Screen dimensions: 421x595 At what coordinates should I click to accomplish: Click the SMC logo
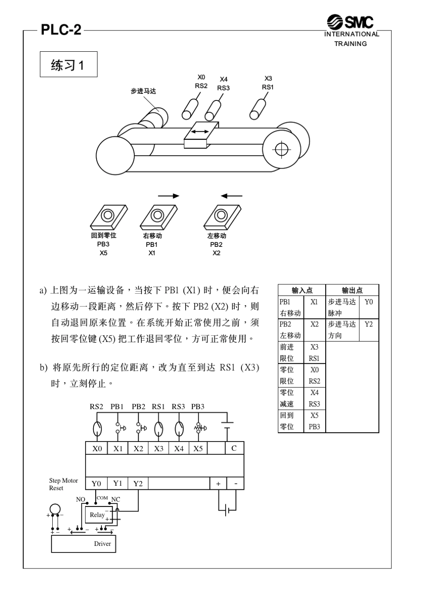point(350,22)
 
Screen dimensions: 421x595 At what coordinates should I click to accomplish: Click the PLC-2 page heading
point(61,30)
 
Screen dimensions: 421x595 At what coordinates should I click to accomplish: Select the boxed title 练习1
point(68,65)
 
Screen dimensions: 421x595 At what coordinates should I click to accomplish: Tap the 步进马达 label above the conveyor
point(143,91)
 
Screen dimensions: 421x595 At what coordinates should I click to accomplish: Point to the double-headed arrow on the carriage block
point(200,131)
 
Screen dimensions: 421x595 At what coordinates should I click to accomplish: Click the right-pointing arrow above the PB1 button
point(169,196)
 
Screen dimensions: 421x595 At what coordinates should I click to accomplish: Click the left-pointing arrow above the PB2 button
point(231,196)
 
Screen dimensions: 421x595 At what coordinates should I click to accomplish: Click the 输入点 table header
point(302,290)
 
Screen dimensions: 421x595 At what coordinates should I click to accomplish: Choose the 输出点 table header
point(352,290)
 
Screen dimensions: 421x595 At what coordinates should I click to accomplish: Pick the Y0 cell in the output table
point(368,302)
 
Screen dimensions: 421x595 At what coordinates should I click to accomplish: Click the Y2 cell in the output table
point(368,324)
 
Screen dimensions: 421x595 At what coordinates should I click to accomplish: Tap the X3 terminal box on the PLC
point(158,448)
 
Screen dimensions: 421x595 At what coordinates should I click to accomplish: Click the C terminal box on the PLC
point(234,448)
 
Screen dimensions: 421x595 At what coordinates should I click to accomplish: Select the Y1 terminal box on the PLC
point(117,484)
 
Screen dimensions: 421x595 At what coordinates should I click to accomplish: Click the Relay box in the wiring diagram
point(98,514)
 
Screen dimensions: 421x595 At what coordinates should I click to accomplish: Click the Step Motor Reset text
point(63,484)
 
